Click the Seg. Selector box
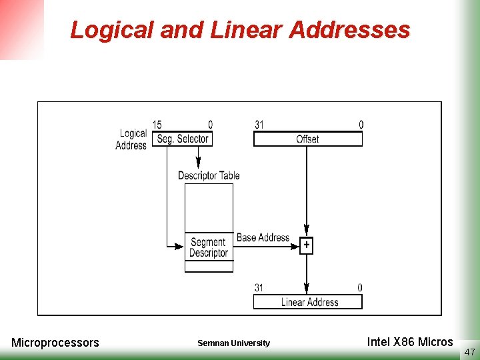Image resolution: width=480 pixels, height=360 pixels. point(182,139)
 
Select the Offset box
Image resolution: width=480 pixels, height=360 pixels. point(307,139)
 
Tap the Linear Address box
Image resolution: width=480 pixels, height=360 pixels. point(307,302)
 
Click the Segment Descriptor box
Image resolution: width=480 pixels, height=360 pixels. point(209,247)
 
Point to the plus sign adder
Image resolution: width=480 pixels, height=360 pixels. point(306,245)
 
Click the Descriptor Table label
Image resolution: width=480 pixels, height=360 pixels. point(209,175)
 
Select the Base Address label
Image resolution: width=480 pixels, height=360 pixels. point(263,237)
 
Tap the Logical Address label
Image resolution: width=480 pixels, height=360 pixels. point(132,139)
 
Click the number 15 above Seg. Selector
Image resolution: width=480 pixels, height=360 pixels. point(157,125)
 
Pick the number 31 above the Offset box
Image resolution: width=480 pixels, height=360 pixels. point(259,125)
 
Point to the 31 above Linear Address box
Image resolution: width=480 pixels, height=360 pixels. point(259,288)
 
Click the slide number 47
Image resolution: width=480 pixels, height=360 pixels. point(469,351)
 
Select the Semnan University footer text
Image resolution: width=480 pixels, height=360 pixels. point(233,343)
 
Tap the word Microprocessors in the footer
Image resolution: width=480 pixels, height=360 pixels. point(55,343)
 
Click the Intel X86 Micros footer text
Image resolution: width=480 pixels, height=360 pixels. point(409,342)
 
